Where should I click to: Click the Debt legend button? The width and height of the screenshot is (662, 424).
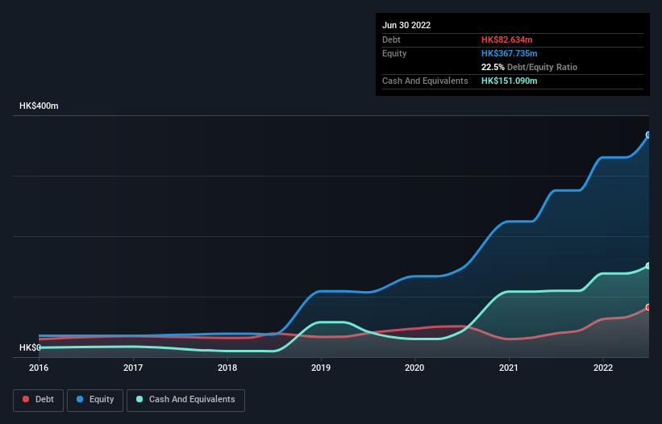38,400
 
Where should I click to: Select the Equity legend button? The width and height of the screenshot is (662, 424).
96,400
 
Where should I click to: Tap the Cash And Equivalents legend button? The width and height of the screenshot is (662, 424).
185,400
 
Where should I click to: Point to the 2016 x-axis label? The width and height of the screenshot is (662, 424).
39,368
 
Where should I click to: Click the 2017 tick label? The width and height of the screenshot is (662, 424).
133,368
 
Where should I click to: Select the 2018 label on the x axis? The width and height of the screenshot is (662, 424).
227,368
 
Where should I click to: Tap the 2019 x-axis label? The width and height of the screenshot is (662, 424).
321,368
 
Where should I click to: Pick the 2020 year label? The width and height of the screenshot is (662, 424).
414,368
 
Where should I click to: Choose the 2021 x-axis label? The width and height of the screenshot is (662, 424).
509,368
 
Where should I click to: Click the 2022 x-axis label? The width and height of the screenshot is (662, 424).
602,368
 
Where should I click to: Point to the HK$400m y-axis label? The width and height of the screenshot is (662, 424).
39,106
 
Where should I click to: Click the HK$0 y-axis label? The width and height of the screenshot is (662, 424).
31,347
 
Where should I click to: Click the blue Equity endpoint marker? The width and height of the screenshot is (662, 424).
648,135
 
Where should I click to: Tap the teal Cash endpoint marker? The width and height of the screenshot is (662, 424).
648,266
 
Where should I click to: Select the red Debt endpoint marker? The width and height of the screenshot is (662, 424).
648,307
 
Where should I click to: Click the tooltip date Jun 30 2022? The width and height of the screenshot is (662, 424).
406,25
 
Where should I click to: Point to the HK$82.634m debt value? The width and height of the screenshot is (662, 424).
508,39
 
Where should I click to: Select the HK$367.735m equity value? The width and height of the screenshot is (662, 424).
510,53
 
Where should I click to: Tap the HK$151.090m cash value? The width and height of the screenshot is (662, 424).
510,81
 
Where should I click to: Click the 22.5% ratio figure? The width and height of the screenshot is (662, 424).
493,67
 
